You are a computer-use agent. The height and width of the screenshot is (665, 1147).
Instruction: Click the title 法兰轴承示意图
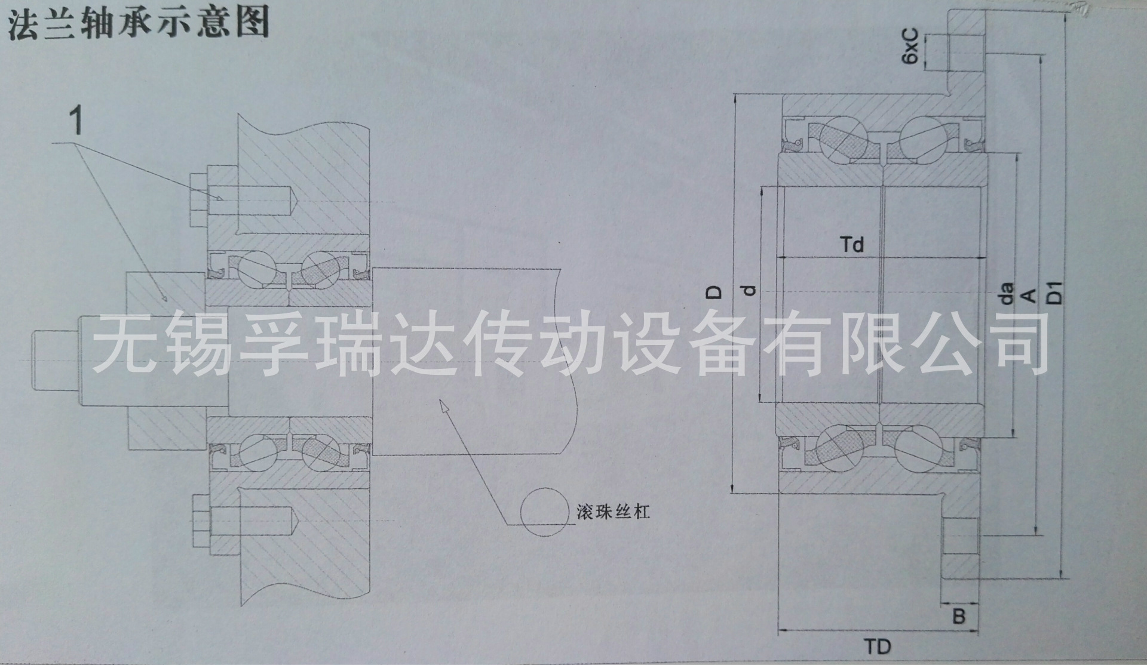(x=137, y=22)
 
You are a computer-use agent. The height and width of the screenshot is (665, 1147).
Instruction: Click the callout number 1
(x=76, y=121)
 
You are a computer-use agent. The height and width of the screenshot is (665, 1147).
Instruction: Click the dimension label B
(x=958, y=616)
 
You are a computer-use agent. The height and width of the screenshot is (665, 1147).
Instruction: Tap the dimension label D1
(x=1056, y=293)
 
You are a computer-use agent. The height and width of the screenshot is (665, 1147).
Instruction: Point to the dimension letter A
(x=1028, y=294)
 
